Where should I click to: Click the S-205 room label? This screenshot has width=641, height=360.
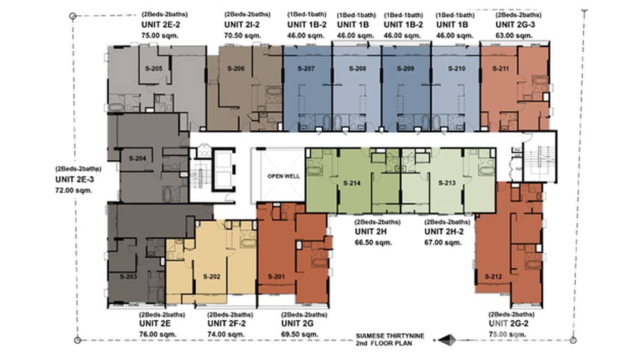click(x=153, y=69)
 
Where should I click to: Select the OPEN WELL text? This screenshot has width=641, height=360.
click(x=284, y=176)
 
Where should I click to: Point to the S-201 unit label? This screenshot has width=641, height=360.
click(x=276, y=276)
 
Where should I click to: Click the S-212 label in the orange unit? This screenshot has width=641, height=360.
click(x=492, y=276)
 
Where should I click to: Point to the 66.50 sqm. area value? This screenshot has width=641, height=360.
click(x=373, y=243)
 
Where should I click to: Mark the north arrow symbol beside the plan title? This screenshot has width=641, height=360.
click(x=448, y=339)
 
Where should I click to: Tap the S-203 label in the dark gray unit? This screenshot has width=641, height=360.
click(x=128, y=276)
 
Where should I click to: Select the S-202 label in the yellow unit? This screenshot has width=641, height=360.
click(x=211, y=276)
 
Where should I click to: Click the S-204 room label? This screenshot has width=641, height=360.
click(x=130, y=158)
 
